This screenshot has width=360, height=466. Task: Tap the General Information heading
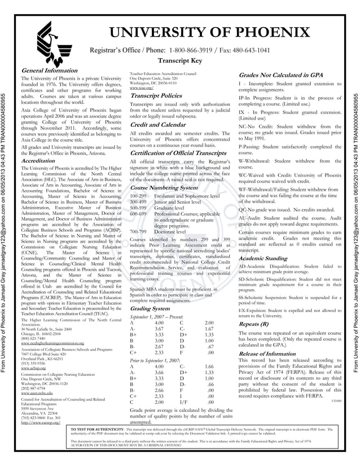click(x=45, y=70)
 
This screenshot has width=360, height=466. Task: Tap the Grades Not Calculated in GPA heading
click(x=280, y=74)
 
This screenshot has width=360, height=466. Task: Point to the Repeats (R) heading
click(x=254, y=325)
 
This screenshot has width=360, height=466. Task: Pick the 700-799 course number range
click(x=138, y=231)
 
